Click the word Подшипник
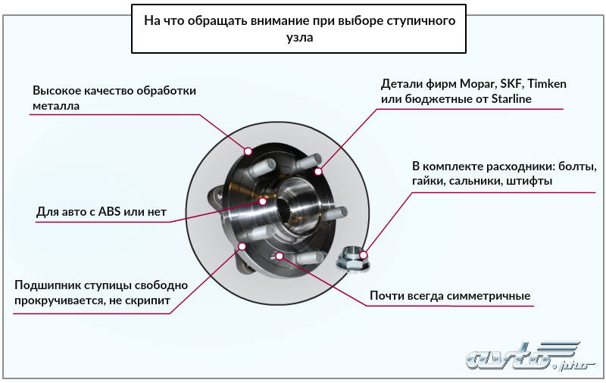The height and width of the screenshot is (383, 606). coord(46,285)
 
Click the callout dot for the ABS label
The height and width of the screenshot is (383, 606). coord(263,201)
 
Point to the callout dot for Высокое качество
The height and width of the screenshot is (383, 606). coord(248,150)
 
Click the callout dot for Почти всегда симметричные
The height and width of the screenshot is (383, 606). coord(280,256)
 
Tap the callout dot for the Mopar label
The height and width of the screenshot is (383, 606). coord(320,171)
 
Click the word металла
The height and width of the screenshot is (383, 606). coord(56,106)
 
